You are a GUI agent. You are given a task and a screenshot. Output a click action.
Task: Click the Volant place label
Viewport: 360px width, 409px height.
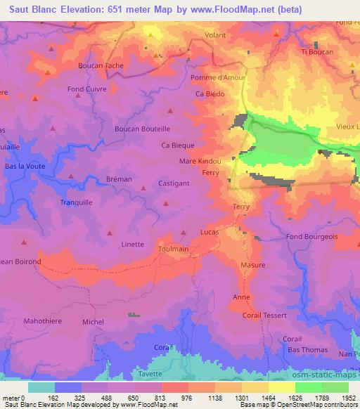216,34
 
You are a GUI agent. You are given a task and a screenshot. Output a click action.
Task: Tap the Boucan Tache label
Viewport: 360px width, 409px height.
101,65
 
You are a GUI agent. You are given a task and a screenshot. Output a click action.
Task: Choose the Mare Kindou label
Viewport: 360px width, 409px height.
200,161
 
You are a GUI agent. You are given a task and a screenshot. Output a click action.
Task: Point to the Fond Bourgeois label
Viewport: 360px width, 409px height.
312,237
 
